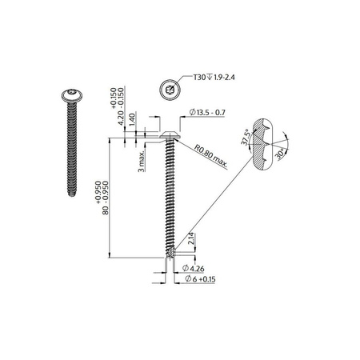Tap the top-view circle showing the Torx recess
pos(169,90)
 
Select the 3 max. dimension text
pos(141,160)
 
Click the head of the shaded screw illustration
pos(70,97)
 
